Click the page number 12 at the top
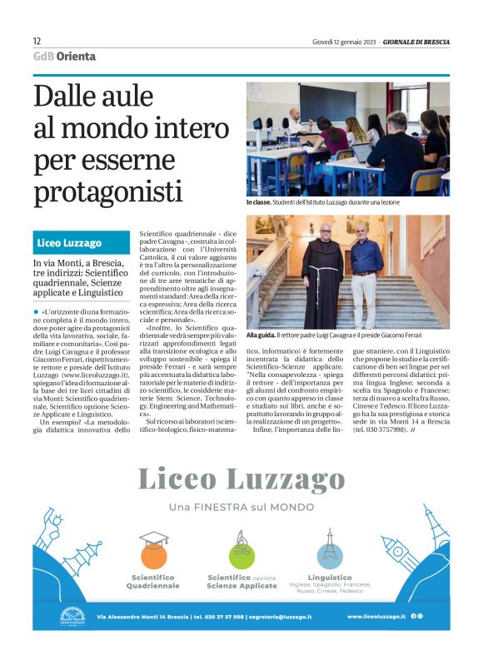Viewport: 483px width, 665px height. [37, 41]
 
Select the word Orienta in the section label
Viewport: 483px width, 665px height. [77, 57]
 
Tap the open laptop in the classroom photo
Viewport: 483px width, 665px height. [361, 153]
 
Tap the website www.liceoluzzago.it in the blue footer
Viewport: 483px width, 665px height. [376, 616]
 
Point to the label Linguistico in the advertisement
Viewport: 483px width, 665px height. [330, 577]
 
